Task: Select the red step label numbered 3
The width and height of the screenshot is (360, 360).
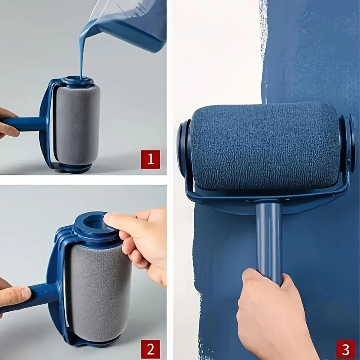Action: [345, 349]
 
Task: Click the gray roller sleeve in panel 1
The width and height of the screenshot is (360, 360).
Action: [77, 124]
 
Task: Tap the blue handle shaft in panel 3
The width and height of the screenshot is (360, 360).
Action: [269, 237]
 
